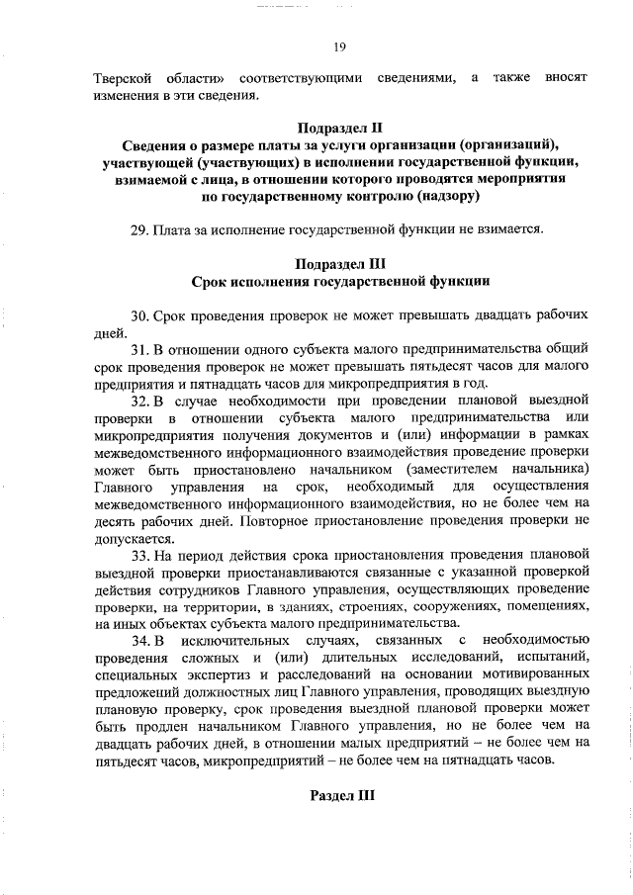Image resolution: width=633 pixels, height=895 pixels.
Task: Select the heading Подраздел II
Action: [339, 128]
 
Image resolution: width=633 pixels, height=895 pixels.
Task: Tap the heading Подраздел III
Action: [339, 264]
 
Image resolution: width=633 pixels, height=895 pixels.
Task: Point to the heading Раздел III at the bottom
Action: [341, 795]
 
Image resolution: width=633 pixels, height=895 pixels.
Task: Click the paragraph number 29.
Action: [138, 229]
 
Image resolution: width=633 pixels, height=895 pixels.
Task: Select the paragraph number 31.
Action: [138, 351]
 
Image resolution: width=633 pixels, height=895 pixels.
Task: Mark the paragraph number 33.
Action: [138, 556]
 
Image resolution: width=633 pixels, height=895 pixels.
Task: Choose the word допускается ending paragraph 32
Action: [133, 539]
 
